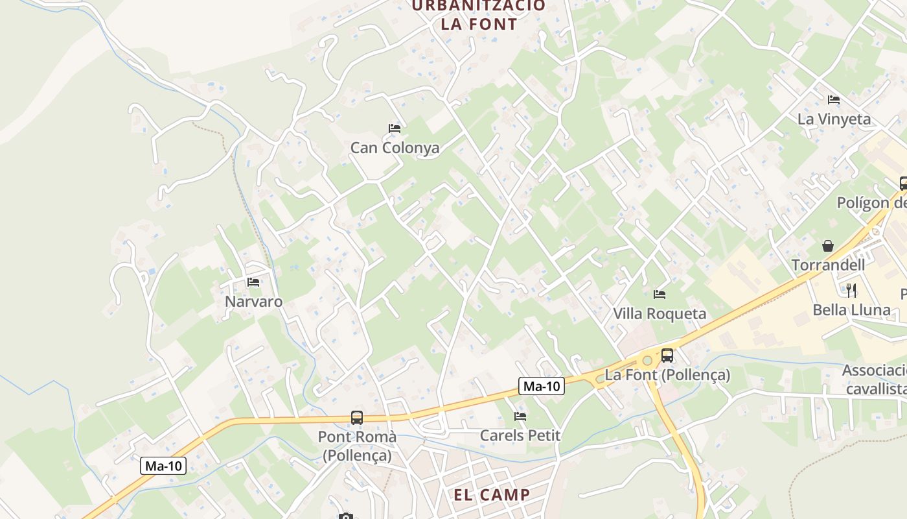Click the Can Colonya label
tap(395, 148)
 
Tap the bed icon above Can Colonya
tap(395, 128)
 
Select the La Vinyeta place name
tap(834, 119)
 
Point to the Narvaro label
tap(253, 302)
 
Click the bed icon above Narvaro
tap(253, 282)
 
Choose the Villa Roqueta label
tap(660, 314)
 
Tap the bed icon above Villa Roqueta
tap(660, 295)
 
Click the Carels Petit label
tap(520, 435)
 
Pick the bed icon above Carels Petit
tap(520, 416)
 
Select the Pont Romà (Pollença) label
tap(357, 446)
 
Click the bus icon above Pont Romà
tap(357, 418)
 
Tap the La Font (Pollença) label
tap(667, 375)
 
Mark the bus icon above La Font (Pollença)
tap(667, 356)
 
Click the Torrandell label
tap(828, 265)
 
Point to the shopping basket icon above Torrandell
tap(828, 246)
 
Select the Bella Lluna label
tap(851, 310)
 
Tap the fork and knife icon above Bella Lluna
tap(851, 290)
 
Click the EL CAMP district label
tap(491, 495)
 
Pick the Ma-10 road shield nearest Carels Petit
tap(542, 387)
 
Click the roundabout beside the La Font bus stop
tap(647, 360)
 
